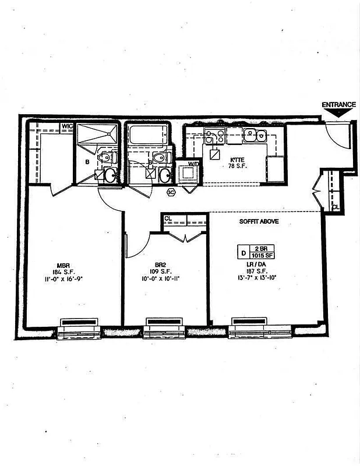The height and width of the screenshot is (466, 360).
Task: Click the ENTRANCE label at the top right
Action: click(338, 105)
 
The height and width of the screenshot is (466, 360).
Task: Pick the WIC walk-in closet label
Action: click(67, 126)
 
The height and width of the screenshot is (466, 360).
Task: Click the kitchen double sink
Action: click(255, 136)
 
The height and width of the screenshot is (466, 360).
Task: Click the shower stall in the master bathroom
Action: click(97, 136)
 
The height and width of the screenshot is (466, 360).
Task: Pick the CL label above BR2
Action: click(168, 218)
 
